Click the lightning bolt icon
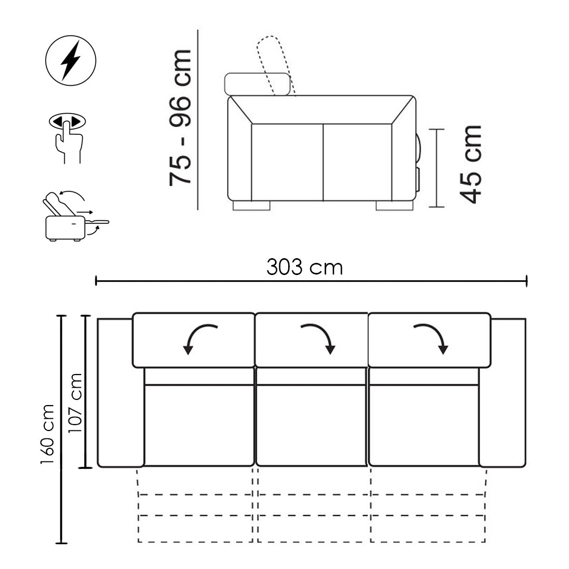point(71,60)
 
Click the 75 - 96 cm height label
point(180,117)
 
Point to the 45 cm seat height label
point(470,164)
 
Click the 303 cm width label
point(305,267)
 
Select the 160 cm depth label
point(47,434)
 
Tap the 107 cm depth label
point(75,403)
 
